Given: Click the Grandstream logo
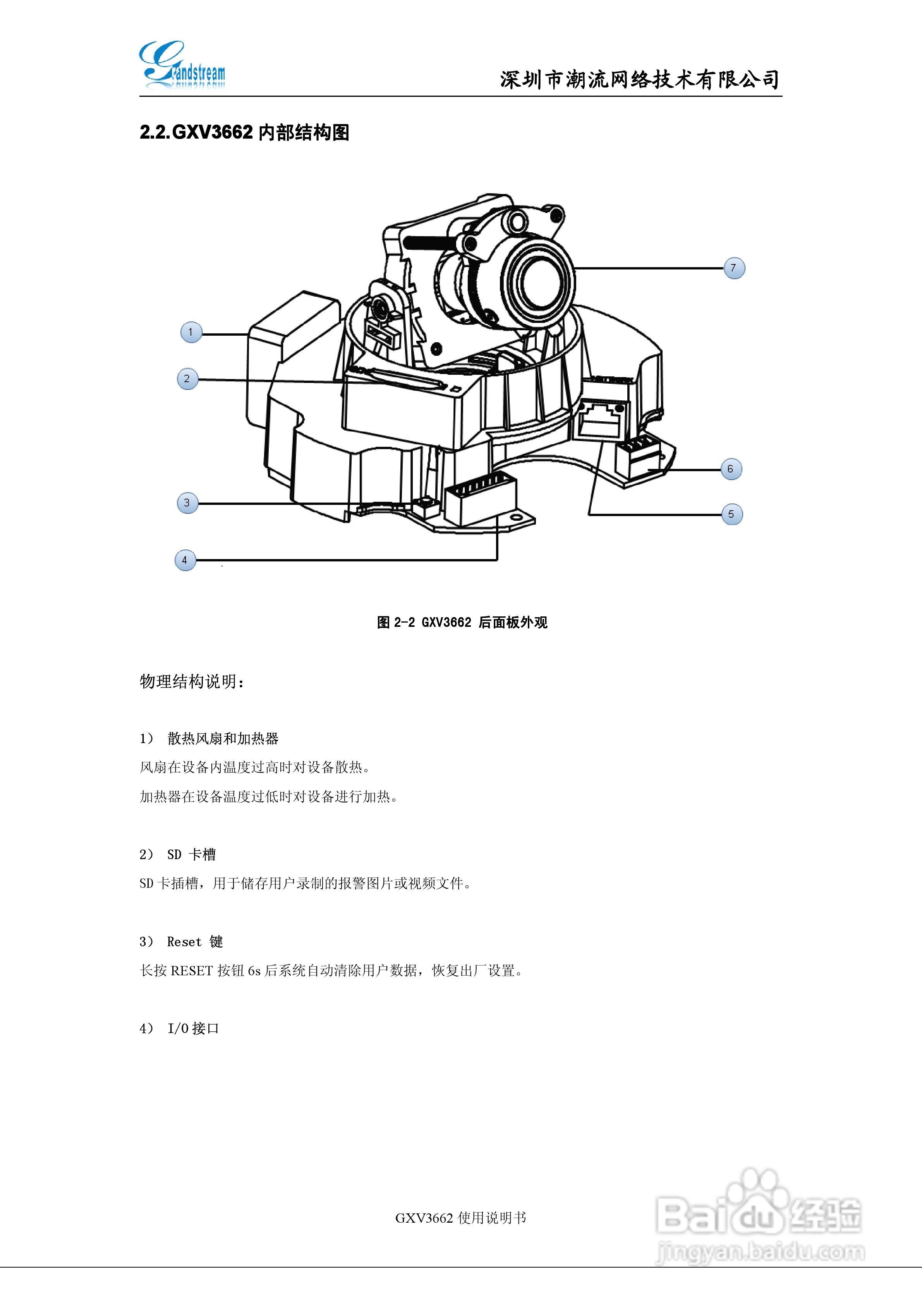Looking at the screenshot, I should tap(182, 65).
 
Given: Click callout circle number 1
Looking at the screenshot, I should tap(191, 332).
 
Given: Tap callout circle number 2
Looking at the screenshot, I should tap(187, 379).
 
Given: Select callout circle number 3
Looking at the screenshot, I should tap(187, 503).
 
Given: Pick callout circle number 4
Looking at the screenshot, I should tap(185, 560).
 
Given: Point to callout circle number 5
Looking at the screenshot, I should tap(732, 514).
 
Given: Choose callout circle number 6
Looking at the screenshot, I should tap(731, 469).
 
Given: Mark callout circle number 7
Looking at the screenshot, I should tap(734, 268).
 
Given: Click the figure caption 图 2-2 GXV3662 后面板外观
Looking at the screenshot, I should tap(462, 623).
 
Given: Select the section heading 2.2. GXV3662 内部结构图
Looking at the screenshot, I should tap(244, 133).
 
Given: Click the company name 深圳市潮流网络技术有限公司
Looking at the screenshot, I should tap(639, 79).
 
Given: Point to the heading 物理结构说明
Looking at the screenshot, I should tap(192, 681).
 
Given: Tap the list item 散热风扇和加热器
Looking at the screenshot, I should tap(223, 738).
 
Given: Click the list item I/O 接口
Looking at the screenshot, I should tap(193, 1029).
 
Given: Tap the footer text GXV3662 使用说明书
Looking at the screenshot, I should tap(461, 1218).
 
